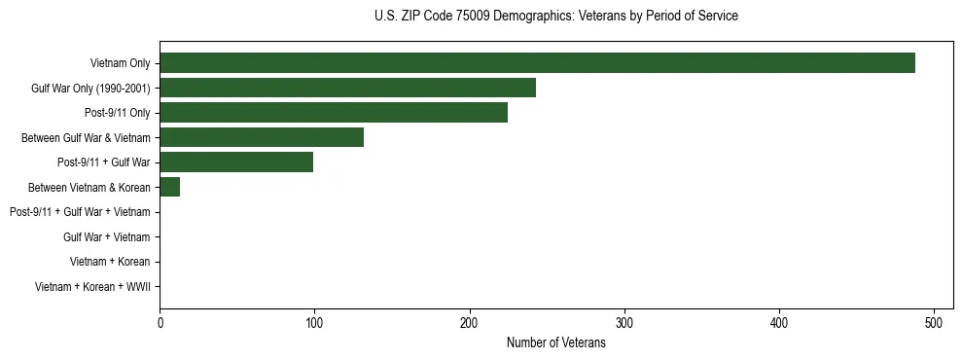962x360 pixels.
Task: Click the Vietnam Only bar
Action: [537, 63]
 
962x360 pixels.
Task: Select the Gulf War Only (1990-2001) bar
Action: [347, 89]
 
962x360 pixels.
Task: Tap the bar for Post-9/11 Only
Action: [334, 113]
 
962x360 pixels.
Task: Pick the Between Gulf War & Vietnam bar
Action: [262, 138]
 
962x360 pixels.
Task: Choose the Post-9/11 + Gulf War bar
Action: [236, 162]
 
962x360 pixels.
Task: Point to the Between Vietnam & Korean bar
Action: [169, 188]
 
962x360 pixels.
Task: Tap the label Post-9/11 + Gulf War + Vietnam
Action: [80, 212]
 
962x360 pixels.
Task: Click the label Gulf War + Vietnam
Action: [107, 237]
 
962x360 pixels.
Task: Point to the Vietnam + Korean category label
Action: [110, 262]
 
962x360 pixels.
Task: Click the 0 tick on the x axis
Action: [160, 323]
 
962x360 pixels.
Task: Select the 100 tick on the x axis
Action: [314, 323]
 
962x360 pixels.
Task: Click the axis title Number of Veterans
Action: [556, 342]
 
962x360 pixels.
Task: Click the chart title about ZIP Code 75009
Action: [556, 17]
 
